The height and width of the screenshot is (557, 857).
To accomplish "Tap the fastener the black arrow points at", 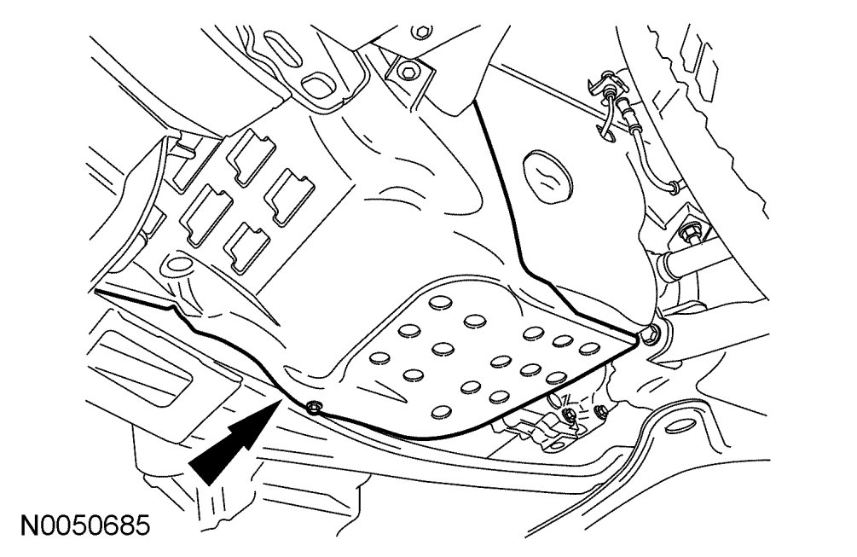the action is [x=312, y=405].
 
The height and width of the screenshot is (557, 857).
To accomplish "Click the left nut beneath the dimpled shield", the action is [x=568, y=415].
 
